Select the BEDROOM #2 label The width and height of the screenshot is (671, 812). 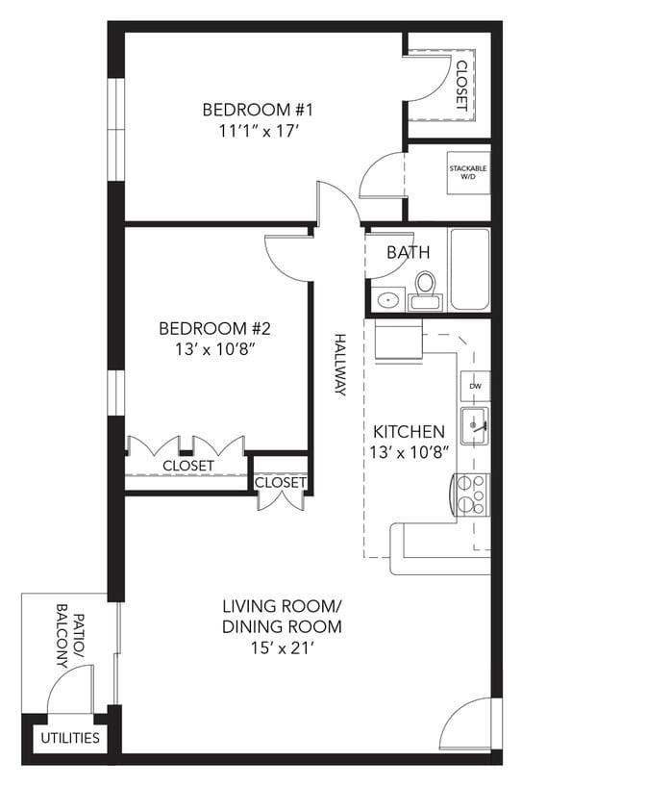click(211, 328)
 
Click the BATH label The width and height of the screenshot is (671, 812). click(408, 253)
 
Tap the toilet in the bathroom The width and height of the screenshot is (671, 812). click(425, 285)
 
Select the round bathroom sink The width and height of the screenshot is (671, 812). click(387, 299)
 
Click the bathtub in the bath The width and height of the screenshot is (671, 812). click(470, 268)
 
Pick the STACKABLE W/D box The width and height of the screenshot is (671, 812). click(468, 172)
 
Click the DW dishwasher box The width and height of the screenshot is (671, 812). click(475, 386)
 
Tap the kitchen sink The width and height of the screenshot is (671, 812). click(474, 425)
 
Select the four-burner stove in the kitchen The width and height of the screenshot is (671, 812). click(471, 494)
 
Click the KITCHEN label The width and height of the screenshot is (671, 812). click(409, 432)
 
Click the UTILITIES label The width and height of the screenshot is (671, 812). click(68, 738)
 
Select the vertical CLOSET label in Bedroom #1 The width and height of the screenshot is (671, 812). click(461, 86)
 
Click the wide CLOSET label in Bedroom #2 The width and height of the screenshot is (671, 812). click(187, 466)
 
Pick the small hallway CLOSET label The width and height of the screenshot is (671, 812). click(281, 482)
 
